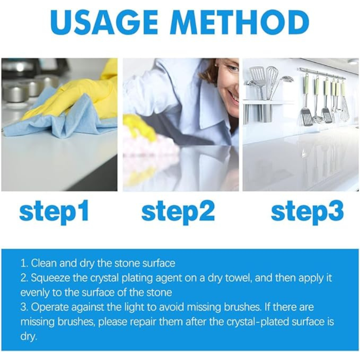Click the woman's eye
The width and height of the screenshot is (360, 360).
pyautogui.click(x=231, y=68)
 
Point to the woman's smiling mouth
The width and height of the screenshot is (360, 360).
pyautogui.click(x=234, y=95)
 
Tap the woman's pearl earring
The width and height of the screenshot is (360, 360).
pyautogui.click(x=217, y=65)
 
